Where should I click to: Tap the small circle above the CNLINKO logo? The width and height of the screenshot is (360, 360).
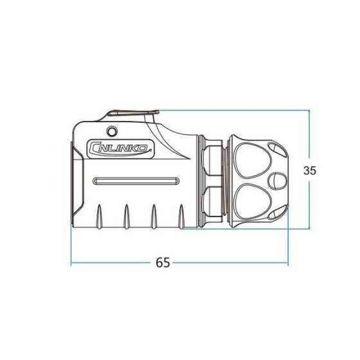tap(113, 132)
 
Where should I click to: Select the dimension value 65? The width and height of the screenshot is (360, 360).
tap(163, 263)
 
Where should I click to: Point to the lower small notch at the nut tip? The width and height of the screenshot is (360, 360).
tap(277, 213)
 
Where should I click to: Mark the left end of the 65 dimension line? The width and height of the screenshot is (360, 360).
tap(71, 263)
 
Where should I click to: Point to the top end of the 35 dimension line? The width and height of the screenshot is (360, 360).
tap(310, 110)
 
